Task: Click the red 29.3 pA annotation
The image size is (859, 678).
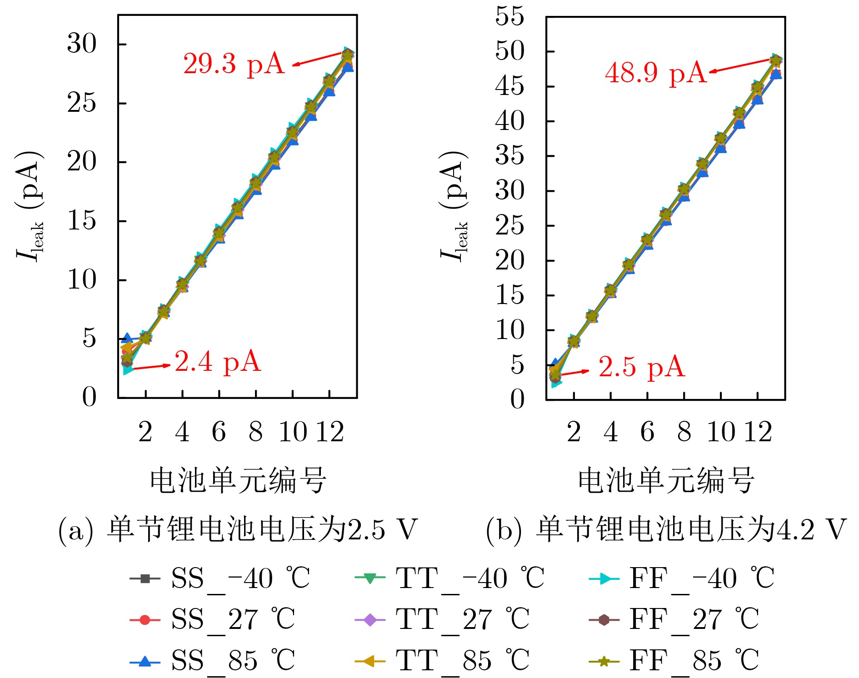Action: [234, 64]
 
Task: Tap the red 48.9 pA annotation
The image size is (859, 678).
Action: [655, 73]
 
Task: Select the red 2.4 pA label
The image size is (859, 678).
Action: [218, 362]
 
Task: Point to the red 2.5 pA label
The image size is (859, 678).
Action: [641, 367]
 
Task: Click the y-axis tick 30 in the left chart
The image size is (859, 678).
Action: [82, 44]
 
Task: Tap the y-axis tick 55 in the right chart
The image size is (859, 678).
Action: [509, 16]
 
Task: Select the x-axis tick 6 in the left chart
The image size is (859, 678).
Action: [219, 432]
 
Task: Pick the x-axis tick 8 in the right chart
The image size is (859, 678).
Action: [684, 432]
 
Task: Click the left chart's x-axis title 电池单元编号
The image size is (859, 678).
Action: [238, 480]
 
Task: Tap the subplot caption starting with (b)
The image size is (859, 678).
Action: [666, 530]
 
